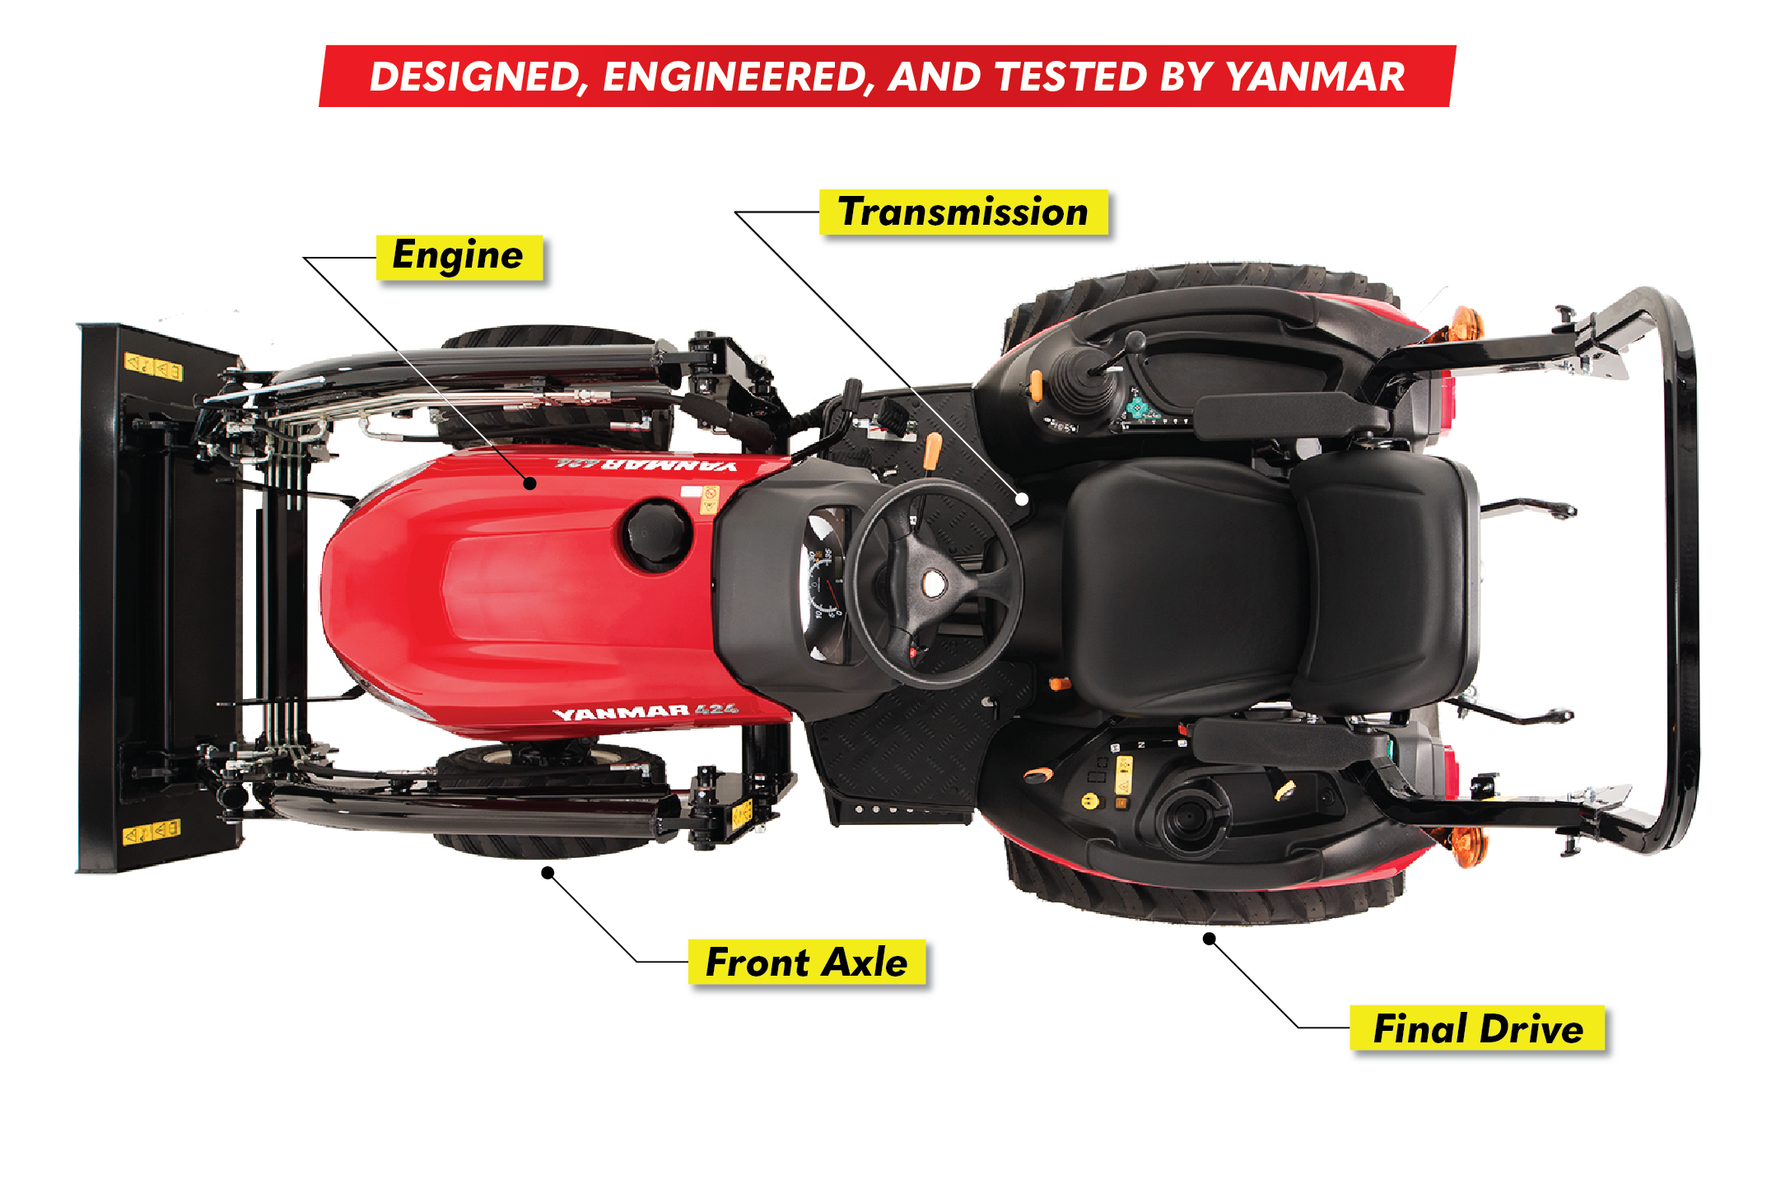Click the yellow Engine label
459,257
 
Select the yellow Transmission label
963,212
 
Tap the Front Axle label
807,962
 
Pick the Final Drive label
1478,1028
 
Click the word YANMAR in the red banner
1315,77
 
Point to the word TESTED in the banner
1071,77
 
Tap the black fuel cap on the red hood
655,535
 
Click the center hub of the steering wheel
934,583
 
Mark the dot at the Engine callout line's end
531,483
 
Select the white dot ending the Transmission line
1022,498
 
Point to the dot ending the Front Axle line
548,872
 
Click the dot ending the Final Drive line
1209,939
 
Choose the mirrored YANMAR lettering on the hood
646,464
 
